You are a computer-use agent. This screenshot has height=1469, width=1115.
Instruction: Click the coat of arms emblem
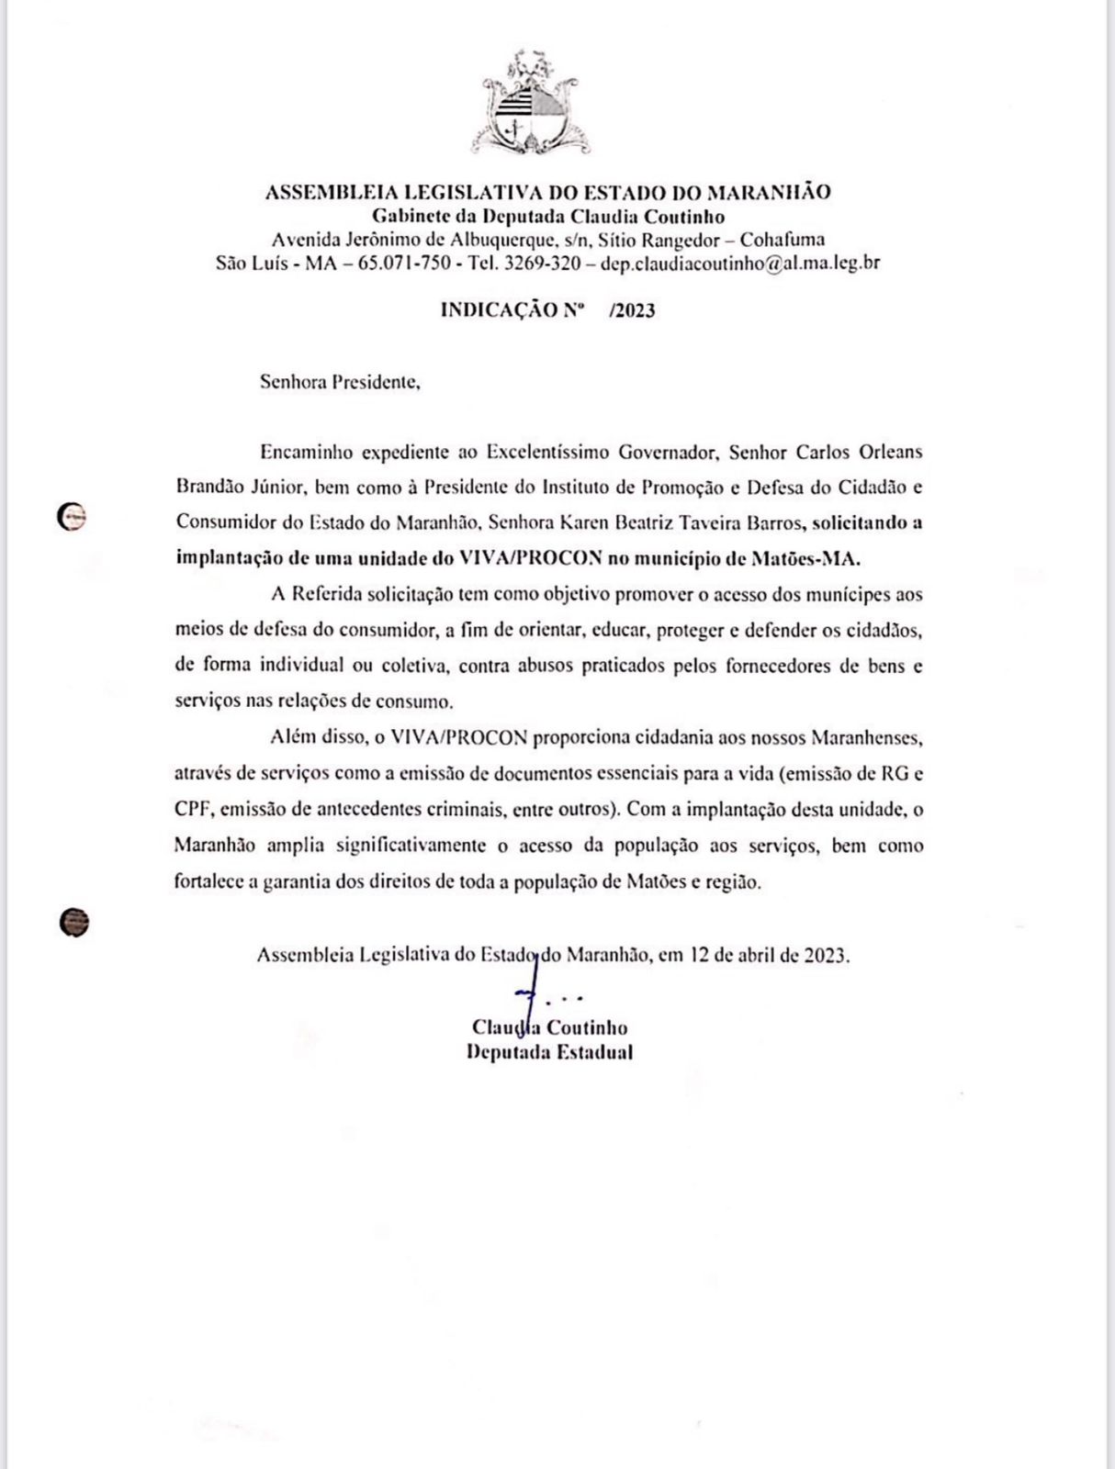[x=532, y=104]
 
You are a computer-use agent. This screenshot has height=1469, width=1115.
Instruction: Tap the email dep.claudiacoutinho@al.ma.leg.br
[x=740, y=264]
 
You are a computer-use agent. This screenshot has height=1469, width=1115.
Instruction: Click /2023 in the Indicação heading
[x=632, y=310]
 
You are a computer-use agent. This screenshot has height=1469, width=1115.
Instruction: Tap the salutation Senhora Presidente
[x=340, y=382]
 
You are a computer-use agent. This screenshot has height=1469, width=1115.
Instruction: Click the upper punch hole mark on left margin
[x=71, y=518]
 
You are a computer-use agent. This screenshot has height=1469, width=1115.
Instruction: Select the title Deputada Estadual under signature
[x=549, y=1053]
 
